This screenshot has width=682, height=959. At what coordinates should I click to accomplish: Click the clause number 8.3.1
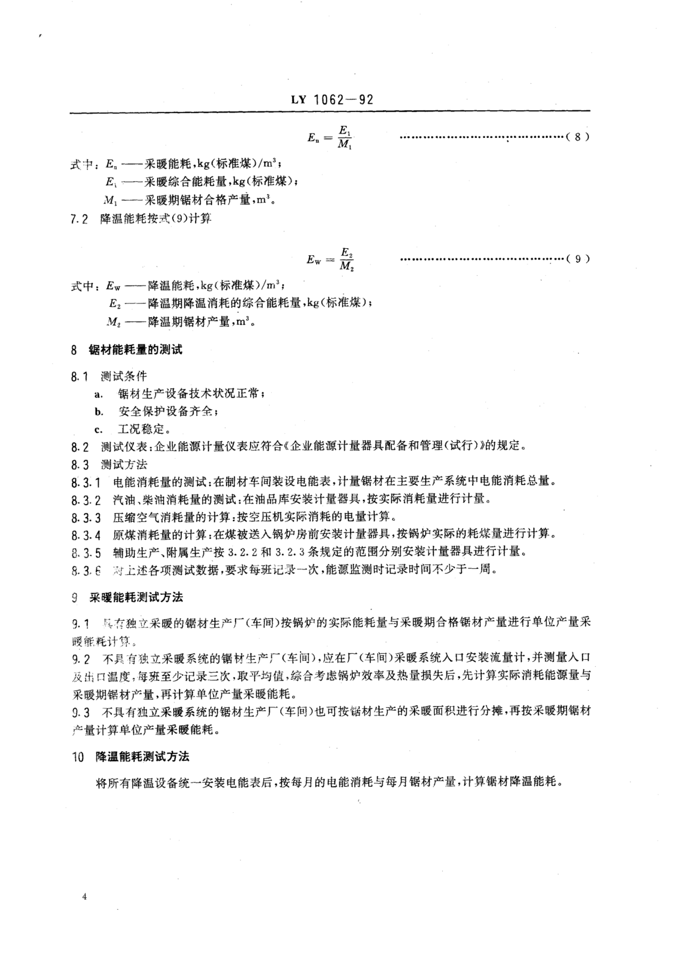coord(86,483)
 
